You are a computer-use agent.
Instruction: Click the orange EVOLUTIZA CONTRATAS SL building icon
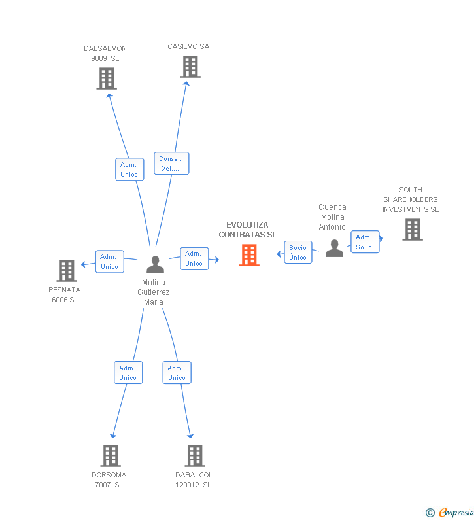pyautogui.click(x=249, y=255)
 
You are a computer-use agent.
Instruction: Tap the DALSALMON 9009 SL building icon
pyautogui.click(x=107, y=78)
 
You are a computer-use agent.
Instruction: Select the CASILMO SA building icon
pyautogui.click(x=190, y=67)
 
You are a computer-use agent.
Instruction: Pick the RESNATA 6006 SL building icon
pyautogui.click(x=67, y=271)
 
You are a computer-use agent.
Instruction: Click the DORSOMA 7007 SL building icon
pyautogui.click(x=110, y=456)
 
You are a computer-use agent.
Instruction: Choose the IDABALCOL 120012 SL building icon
pyautogui.click(x=195, y=456)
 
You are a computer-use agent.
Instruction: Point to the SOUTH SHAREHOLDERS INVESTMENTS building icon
pyautogui.click(x=413, y=230)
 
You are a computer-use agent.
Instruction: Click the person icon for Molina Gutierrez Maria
pyautogui.click(x=155, y=265)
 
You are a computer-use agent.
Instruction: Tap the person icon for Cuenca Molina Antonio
pyautogui.click(x=335, y=248)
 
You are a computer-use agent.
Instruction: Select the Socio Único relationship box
pyautogui.click(x=298, y=252)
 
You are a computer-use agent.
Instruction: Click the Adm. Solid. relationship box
pyautogui.click(x=365, y=242)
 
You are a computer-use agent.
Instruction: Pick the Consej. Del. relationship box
pyautogui.click(x=171, y=163)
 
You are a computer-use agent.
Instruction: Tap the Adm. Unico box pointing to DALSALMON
pyautogui.click(x=129, y=169)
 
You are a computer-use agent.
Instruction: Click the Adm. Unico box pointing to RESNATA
pyautogui.click(x=110, y=262)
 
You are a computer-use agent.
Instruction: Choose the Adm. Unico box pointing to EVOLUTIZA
pyautogui.click(x=194, y=258)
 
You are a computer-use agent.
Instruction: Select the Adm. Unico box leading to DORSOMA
pyautogui.click(x=128, y=372)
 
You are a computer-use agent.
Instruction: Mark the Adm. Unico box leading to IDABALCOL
pyautogui.click(x=177, y=372)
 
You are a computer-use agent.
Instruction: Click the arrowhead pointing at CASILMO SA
pyautogui.click(x=186, y=84)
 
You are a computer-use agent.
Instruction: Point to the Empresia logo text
pyautogui.click(x=456, y=512)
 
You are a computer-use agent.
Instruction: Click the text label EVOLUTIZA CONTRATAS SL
pyautogui.click(x=247, y=230)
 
